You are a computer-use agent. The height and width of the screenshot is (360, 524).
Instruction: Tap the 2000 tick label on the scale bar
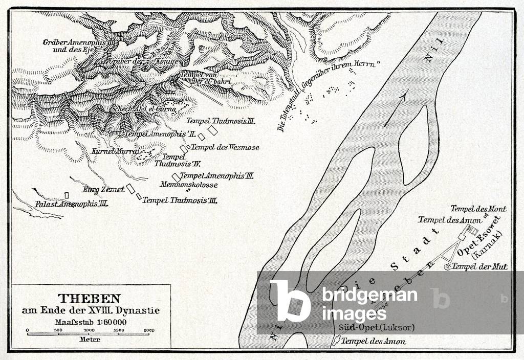point(149,330)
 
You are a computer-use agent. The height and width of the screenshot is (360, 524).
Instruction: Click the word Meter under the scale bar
point(90,339)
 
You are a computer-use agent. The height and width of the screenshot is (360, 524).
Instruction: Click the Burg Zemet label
point(104,189)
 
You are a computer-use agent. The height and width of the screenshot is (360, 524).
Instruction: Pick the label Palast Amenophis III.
point(71,204)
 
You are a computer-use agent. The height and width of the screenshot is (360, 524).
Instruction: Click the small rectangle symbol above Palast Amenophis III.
point(67,195)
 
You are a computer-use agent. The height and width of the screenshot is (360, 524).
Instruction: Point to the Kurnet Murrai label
point(108,152)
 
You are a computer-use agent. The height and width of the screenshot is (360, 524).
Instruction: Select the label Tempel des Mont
point(478,209)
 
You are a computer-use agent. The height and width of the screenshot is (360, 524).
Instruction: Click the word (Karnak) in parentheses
point(489,245)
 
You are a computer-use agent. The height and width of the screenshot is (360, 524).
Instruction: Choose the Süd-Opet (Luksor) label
point(376,327)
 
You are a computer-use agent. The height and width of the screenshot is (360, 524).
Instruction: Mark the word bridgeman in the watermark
point(369,295)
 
